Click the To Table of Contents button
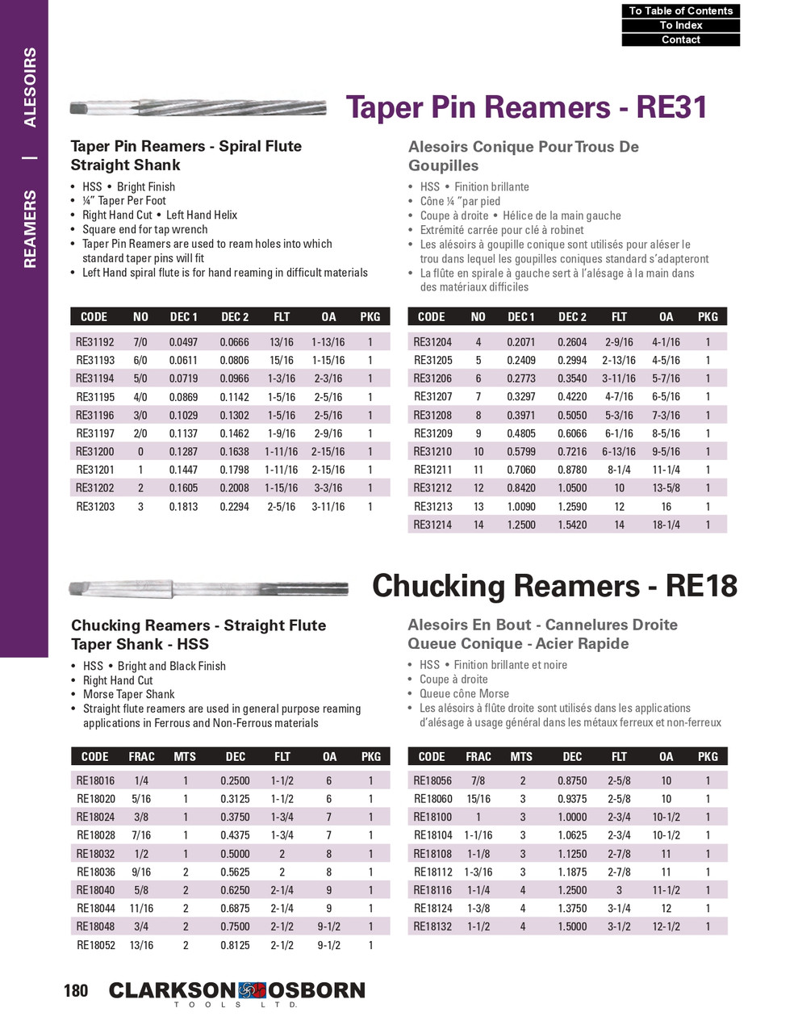(680, 10)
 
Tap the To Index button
(680, 25)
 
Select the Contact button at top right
(680, 40)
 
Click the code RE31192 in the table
(95, 342)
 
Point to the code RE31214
(432, 525)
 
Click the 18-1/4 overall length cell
(666, 525)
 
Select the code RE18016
(95, 781)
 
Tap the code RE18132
(432, 926)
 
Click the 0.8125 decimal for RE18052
(235, 945)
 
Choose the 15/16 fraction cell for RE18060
(478, 799)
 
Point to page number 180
(76, 990)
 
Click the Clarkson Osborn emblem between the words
(252, 990)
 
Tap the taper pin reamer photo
(198, 107)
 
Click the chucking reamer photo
(208, 588)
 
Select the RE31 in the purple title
(671, 107)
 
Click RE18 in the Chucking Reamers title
(701, 586)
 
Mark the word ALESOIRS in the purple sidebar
(30, 87)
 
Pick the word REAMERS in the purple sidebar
(30, 229)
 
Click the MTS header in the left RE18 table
(185, 757)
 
